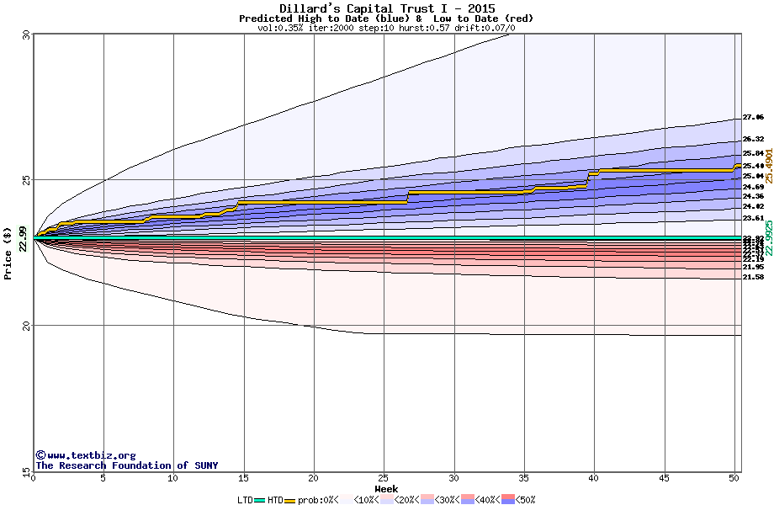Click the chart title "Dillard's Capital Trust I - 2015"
pos(386,8)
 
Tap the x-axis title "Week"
pos(386,489)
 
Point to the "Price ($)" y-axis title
pos(8,252)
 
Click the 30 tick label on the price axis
pos(25,35)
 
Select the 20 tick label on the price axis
pos(25,326)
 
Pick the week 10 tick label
pos(173,478)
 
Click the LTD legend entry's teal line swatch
pos(260,500)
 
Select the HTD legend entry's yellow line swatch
pos(290,500)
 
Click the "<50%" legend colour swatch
pos(507,500)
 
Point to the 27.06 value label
pos(753,117)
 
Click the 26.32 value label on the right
pos(753,139)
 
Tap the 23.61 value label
pos(753,217)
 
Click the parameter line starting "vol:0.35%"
pos(386,28)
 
